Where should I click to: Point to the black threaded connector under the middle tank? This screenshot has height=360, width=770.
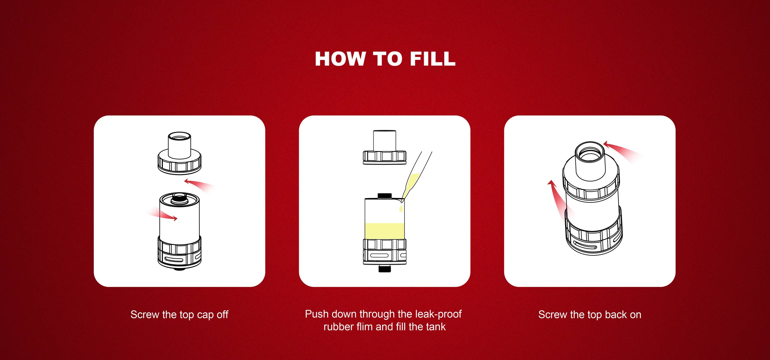(x=385, y=269)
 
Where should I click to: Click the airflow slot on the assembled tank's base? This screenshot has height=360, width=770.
(x=585, y=245)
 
